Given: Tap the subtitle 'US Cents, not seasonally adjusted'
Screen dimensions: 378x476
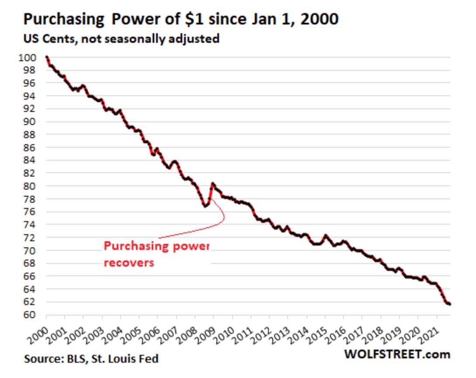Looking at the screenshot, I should pos(121,39).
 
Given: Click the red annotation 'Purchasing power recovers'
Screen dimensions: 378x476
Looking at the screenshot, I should pos(156,254).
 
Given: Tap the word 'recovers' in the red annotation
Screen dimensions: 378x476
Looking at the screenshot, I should pos(129,263).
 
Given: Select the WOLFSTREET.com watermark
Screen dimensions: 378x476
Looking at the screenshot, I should pos(397,354).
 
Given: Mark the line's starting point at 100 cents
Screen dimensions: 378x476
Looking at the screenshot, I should pos(46,57).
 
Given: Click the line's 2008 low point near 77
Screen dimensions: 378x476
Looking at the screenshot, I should pos(205,205).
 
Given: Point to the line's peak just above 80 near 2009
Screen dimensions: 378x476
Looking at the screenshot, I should pos(213,184).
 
